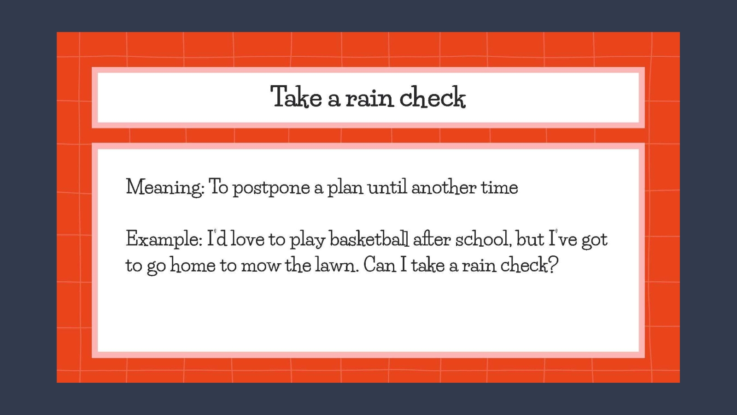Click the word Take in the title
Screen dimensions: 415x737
click(296, 97)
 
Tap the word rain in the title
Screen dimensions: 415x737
click(369, 98)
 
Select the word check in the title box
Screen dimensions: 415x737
click(432, 97)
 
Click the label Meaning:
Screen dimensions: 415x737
click(165, 188)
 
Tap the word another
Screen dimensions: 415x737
click(444, 187)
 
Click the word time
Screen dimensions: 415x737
click(499, 187)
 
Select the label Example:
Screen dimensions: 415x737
click(164, 239)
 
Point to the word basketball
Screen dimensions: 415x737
click(369, 239)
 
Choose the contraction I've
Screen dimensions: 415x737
click(562, 239)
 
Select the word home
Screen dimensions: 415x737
click(193, 265)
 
